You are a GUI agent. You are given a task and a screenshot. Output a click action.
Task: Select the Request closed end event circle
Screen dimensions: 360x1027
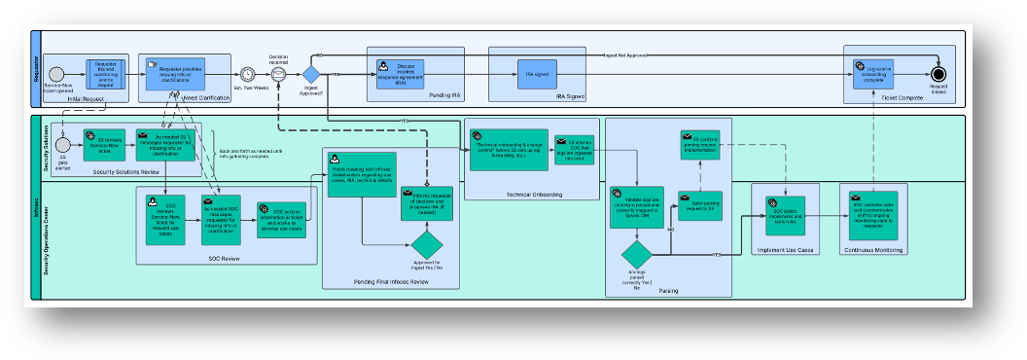[938, 73]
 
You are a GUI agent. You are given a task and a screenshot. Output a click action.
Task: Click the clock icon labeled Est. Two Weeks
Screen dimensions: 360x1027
[249, 74]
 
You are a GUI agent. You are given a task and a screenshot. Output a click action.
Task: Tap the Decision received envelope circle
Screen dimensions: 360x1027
[278, 74]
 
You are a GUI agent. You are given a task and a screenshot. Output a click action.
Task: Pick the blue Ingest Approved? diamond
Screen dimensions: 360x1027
[311, 74]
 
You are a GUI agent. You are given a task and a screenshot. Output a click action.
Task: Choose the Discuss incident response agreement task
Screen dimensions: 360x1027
[401, 74]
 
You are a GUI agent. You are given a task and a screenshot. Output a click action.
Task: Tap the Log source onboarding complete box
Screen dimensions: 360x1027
[872, 74]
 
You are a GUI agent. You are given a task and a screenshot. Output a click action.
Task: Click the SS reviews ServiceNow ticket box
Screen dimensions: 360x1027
[105, 144]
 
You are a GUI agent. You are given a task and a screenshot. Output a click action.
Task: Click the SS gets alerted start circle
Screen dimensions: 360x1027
[62, 144]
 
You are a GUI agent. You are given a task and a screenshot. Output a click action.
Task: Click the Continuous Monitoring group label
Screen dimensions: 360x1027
[872, 250]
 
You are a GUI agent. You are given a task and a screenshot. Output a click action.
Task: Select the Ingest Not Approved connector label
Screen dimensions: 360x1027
[623, 54]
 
